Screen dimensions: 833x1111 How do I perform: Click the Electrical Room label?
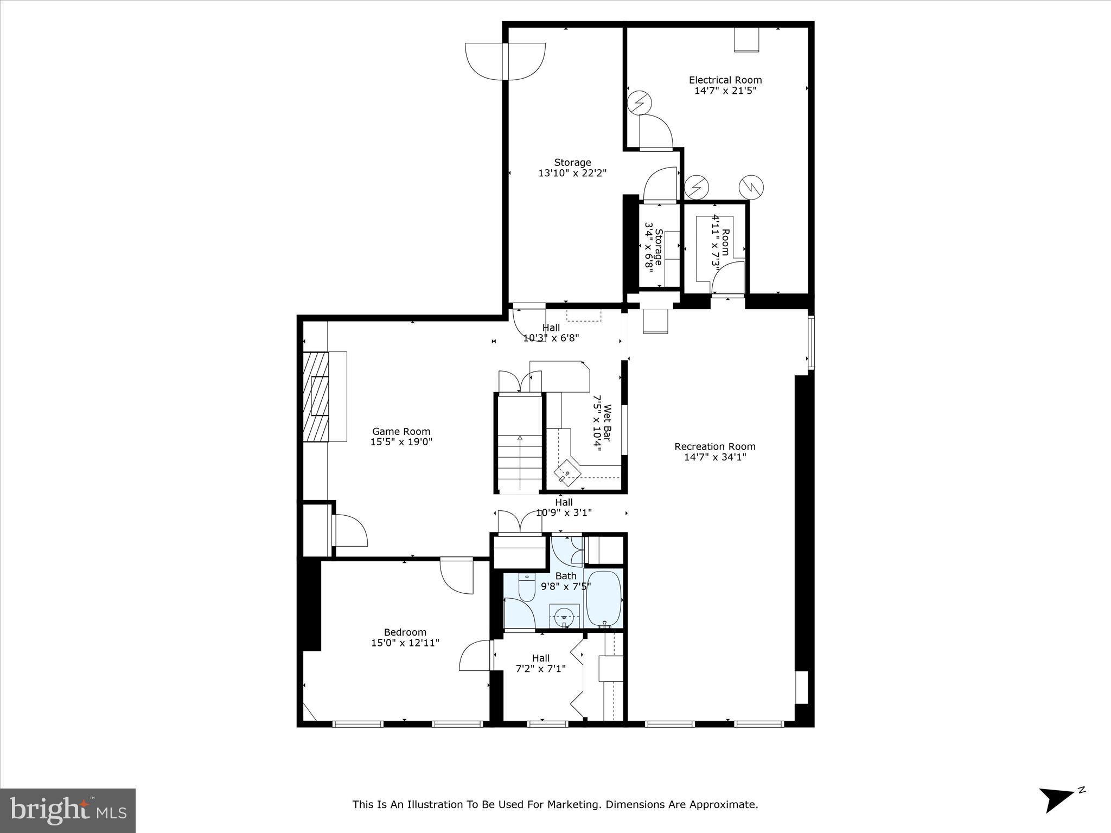click(x=725, y=80)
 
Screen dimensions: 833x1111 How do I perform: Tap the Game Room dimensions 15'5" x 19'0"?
click(x=401, y=442)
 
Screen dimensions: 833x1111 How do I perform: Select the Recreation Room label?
click(x=714, y=447)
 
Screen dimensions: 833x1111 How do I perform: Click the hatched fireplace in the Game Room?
click(x=316, y=397)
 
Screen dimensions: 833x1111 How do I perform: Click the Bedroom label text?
click(x=405, y=632)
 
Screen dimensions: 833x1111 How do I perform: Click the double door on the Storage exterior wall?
click(x=505, y=61)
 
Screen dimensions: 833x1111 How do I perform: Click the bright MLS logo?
click(x=68, y=810)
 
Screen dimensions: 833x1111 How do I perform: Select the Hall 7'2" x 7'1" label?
click(x=540, y=663)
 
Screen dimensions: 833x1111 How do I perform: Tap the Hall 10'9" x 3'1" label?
click(x=564, y=508)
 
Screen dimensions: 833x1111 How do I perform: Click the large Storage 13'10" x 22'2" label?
click(x=572, y=168)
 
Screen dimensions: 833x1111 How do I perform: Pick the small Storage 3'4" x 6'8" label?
click(x=654, y=247)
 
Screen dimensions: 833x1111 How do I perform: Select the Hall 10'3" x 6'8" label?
click(x=551, y=332)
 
